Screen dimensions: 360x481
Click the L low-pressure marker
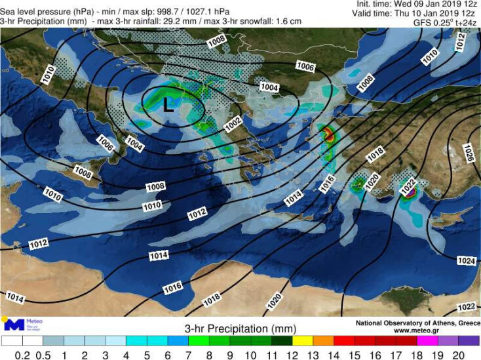[168, 106]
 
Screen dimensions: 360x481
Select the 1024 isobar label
[465, 260]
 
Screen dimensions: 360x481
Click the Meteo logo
[24, 324]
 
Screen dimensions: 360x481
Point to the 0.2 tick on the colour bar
[22, 355]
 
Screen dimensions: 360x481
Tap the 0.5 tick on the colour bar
[43, 355]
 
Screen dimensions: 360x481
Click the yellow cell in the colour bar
[303, 341]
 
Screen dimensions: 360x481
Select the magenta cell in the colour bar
[427, 341]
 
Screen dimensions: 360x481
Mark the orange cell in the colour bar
[324, 341]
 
